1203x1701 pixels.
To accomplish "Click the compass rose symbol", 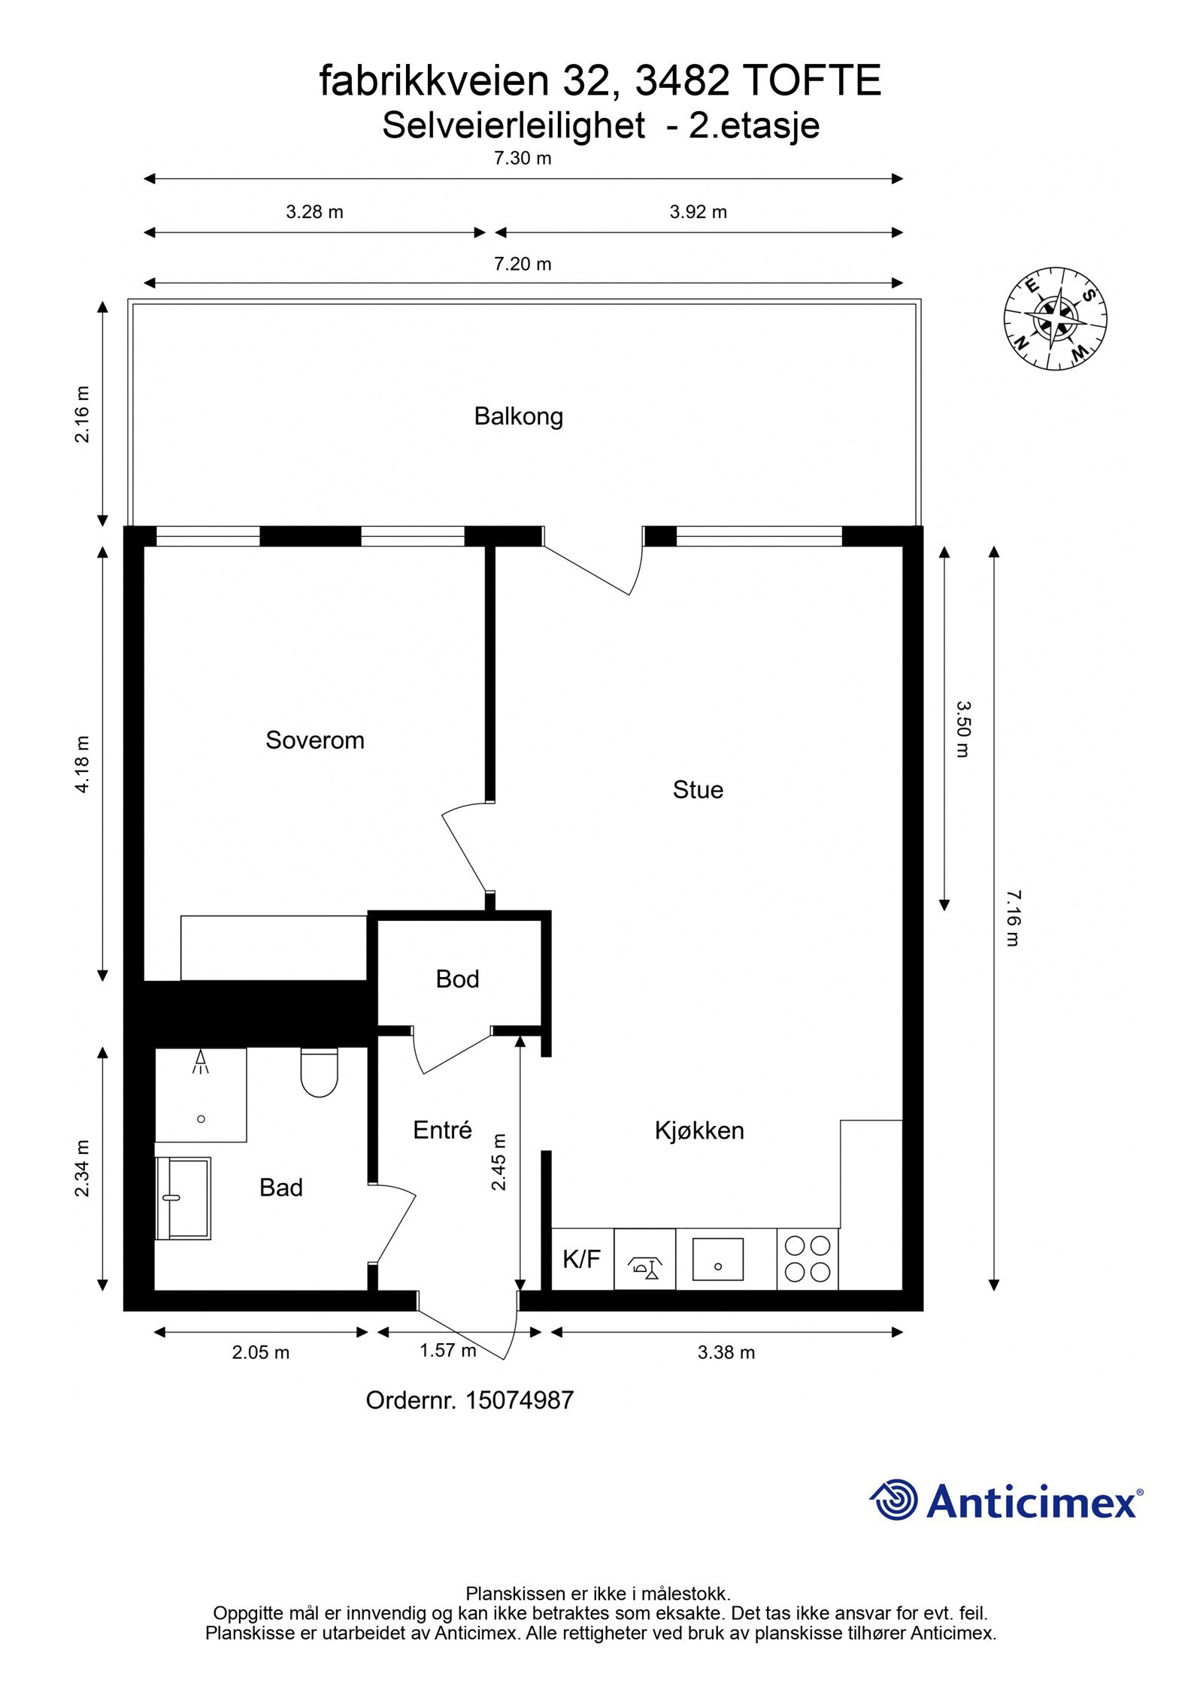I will click(1055, 319).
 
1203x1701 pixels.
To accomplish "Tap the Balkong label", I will click(518, 416).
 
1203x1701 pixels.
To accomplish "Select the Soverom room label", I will click(315, 740).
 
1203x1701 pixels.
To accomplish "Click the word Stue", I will click(698, 790).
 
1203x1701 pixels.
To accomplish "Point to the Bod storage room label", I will click(457, 979).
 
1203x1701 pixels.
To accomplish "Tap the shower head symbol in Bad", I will click(201, 1062).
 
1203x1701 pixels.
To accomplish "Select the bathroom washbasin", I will click(184, 1198).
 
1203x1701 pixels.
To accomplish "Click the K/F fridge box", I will click(582, 1259).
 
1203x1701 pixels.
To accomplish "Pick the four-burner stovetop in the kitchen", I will click(808, 1259).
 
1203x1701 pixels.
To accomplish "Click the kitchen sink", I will click(718, 1260).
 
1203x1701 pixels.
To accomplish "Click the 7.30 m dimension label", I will click(523, 159).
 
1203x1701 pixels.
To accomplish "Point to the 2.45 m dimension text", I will click(498, 1162).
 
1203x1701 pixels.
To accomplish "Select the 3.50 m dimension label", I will click(963, 728).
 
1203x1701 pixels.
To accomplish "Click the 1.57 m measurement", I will click(448, 1351).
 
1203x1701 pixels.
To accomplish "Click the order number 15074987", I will click(520, 1400).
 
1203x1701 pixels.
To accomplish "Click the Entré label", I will click(442, 1130).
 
